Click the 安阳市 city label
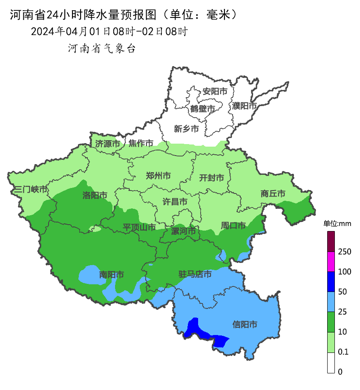point(214,91)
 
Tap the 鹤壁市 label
point(202,108)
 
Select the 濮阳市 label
point(245,105)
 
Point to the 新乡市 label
point(186,129)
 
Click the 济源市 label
point(107,144)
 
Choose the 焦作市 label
point(141,143)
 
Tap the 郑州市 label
point(158,176)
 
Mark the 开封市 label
point(211,178)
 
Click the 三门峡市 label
point(31,190)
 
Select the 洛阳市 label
point(95,195)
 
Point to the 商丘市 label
point(273,194)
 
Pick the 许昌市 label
point(175,201)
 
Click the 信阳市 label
point(245,324)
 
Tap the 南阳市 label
point(112,274)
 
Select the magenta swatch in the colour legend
point(331,261)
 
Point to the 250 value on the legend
point(344,252)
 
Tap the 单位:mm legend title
point(337,224)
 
